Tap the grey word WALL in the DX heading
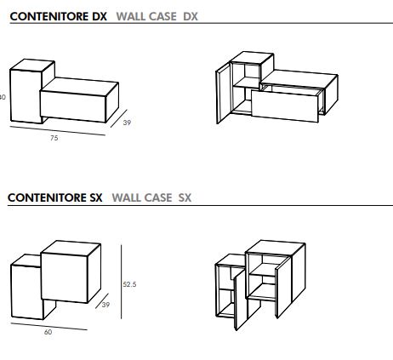(x=131, y=16)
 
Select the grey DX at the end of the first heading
(x=191, y=16)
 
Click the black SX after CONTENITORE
(x=96, y=197)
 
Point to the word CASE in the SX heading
(x=157, y=197)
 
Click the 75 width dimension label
(x=54, y=138)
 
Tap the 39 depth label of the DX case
(x=127, y=123)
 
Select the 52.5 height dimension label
(x=129, y=284)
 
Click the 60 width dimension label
(x=48, y=332)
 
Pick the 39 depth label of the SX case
(x=105, y=305)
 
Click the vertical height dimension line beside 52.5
(x=122, y=282)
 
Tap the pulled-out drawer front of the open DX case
(x=285, y=106)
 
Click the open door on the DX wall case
(x=223, y=94)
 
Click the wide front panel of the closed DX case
(x=73, y=106)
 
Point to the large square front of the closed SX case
(x=65, y=277)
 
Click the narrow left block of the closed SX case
(x=27, y=292)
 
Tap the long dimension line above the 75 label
(x=58, y=131)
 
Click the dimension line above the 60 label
(x=49, y=326)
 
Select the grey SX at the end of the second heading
(x=185, y=197)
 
